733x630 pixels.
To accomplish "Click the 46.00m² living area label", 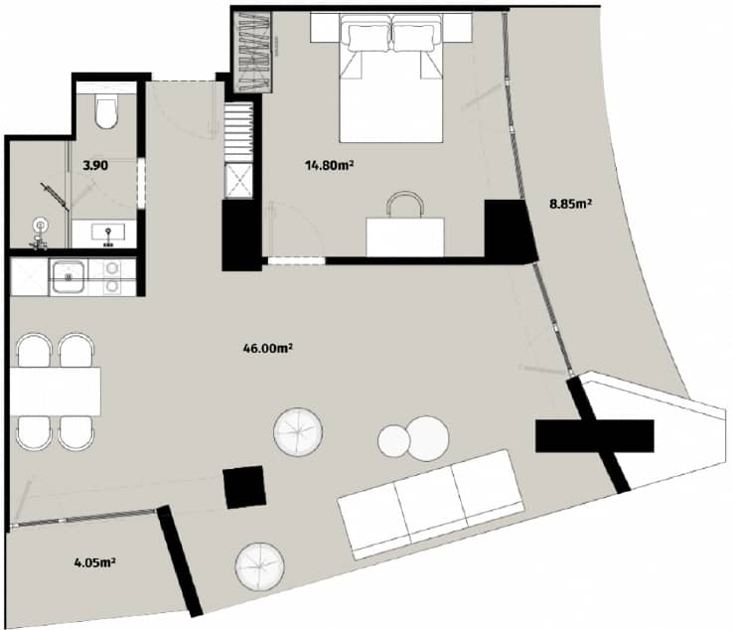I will (266, 348).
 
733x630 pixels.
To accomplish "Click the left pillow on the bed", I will (367, 36).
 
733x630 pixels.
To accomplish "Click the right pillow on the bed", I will (417, 36).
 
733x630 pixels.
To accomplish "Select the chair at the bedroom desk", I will (405, 206).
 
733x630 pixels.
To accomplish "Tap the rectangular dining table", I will (56, 391).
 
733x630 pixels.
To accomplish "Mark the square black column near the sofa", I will (244, 487).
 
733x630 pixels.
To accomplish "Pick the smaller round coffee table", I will (394, 441).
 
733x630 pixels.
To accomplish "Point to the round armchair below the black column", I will (261, 568).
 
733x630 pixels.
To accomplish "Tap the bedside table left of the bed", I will (326, 28).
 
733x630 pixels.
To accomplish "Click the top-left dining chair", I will (36, 350).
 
